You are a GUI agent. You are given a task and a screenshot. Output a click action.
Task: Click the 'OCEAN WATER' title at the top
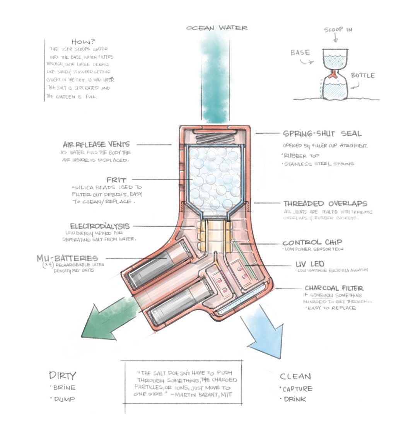click(217, 28)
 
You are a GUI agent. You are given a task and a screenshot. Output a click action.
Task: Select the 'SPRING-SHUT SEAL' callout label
click(322, 133)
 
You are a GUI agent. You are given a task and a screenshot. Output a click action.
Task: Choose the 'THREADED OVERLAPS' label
click(325, 203)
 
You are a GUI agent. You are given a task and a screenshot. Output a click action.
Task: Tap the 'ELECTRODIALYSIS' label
click(100, 226)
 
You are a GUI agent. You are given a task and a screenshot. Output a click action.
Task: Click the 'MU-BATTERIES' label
click(73, 258)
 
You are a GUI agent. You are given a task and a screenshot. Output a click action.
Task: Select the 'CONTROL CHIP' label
click(312, 243)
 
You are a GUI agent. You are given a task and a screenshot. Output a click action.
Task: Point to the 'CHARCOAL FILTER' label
click(333, 288)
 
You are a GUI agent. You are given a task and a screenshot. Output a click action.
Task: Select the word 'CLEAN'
click(295, 376)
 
